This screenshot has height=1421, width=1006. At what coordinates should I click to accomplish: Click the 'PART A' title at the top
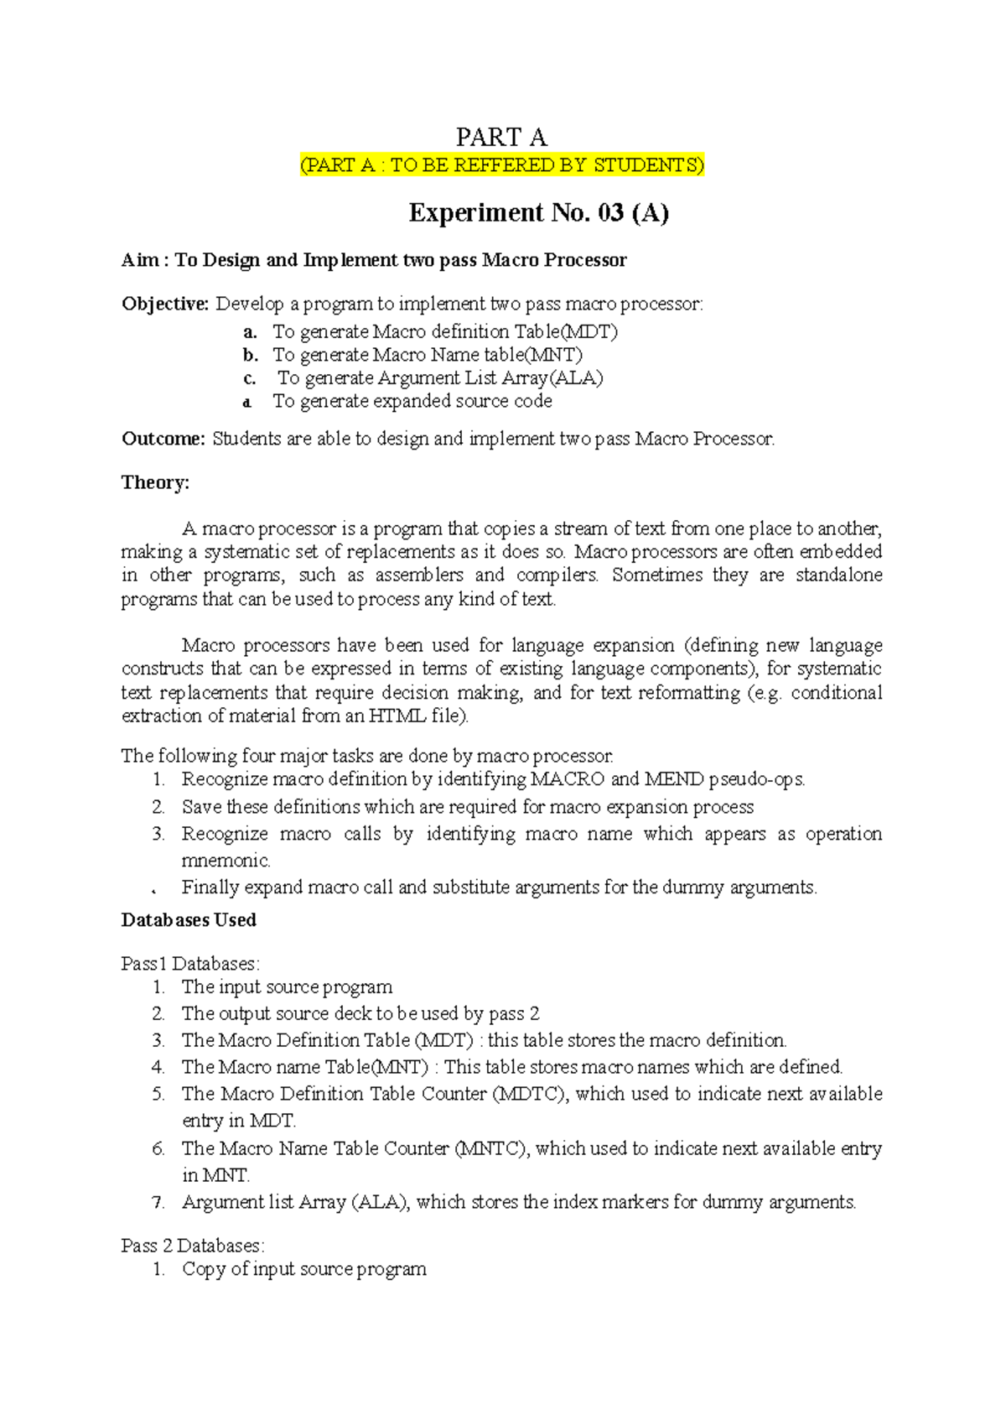point(500,137)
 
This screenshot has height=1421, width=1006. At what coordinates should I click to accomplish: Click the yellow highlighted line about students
point(502,165)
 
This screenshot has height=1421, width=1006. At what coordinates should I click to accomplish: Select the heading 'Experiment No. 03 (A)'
point(538,213)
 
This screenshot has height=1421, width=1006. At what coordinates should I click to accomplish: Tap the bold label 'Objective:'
point(165,304)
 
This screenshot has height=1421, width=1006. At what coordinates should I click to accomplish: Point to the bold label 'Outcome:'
point(163,439)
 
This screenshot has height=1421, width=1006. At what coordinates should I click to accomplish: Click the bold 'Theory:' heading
point(155,482)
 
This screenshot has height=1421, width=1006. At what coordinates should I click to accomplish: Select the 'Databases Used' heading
point(189,920)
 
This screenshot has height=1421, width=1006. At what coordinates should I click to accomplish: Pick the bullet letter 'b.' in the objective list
point(250,355)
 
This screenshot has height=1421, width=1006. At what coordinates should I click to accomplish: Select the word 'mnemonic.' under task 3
point(226,861)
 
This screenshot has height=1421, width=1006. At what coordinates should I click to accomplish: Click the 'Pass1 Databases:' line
point(190,964)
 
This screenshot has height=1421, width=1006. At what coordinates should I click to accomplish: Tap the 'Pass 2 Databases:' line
point(193,1246)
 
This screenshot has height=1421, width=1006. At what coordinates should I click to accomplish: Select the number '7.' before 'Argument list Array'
point(158,1202)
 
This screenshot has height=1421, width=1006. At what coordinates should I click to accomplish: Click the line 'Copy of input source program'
point(304,1269)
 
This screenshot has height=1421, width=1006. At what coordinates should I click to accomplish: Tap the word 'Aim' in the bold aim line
point(139,260)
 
